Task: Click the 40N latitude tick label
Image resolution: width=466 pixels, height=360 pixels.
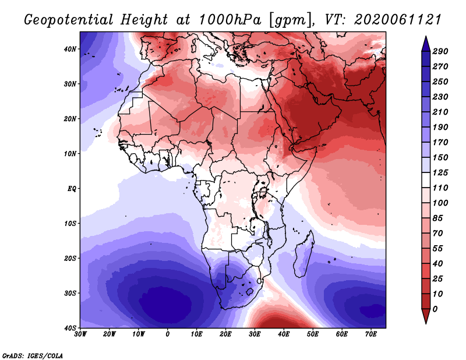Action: tap(70, 49)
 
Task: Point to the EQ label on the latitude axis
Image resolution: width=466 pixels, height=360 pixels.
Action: tap(72, 189)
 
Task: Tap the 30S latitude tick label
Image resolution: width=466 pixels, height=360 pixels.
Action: tap(70, 294)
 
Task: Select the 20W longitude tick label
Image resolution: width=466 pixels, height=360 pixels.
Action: tap(110, 334)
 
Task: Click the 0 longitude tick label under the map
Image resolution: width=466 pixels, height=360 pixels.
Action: tap(168, 334)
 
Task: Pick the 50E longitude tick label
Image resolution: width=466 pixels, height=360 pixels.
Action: tap(313, 334)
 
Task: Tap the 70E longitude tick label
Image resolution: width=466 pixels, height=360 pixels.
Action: tap(371, 334)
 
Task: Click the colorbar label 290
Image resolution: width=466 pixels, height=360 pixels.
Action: tap(440, 51)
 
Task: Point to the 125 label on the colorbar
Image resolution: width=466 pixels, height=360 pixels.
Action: tap(440, 172)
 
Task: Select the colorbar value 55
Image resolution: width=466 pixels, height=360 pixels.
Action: tap(438, 249)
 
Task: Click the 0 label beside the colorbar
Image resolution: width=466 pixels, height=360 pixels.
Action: tap(435, 309)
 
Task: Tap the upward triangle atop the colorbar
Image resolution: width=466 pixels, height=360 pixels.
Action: tap(426, 44)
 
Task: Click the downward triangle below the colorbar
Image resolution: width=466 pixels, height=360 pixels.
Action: tap(426, 316)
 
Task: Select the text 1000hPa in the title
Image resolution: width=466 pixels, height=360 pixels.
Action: tap(230, 20)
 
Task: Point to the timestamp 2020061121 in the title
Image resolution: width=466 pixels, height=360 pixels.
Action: tap(398, 20)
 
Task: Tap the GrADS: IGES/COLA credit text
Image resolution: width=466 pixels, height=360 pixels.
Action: tap(33, 355)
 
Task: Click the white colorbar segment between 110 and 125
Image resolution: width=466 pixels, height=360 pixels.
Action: tap(426, 180)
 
